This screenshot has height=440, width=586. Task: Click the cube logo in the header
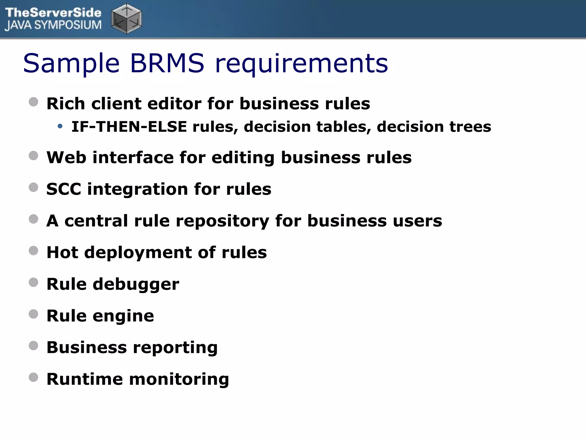126,19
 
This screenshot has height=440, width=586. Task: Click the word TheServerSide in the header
53,13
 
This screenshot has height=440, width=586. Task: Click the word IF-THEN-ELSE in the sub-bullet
129,127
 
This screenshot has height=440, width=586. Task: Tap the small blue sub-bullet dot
60,126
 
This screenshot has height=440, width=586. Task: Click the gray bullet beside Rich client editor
33,102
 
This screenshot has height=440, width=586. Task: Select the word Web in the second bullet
66,157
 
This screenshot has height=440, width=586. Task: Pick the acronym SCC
64,189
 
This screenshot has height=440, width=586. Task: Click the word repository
222,221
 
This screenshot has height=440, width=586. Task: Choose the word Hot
62,252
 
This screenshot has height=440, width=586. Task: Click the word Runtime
84,379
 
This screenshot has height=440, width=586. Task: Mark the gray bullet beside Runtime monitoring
33,377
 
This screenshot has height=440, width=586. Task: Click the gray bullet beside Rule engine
33,314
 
